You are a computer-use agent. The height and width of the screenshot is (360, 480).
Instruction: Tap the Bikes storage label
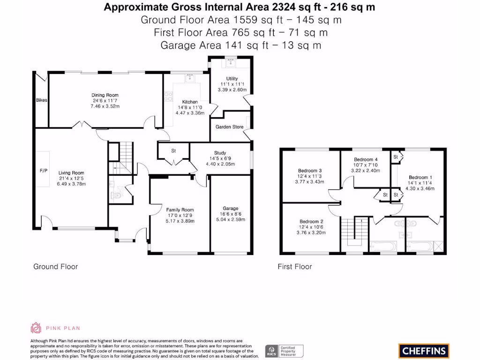pos(42,100)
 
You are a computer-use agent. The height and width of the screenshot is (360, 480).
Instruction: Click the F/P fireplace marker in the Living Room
pos(43,170)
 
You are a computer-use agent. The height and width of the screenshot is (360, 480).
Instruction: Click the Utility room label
pos(232,79)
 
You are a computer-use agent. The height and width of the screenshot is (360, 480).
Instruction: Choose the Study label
pos(220,153)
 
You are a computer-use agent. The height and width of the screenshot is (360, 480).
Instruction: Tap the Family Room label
pos(180,210)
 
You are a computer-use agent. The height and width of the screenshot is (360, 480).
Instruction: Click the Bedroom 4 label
pos(366,159)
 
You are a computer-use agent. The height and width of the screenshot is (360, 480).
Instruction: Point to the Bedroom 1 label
pos(419,177)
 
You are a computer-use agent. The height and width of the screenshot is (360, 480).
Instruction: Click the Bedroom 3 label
pos(310,171)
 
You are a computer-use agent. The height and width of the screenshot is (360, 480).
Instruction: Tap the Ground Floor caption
pos(55,267)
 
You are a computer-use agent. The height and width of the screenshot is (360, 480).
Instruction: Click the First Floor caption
pos(294,267)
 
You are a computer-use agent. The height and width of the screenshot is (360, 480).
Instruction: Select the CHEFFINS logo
pos(424,351)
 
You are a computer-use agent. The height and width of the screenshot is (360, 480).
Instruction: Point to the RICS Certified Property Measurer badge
pos(285,351)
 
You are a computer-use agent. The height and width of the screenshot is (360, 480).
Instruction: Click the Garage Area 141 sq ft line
pos(240,45)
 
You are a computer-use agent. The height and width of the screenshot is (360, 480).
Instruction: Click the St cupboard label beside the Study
pos(173,150)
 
